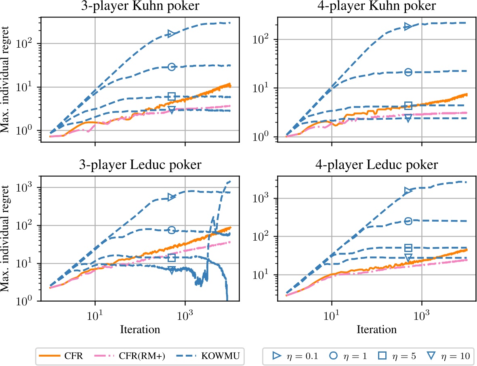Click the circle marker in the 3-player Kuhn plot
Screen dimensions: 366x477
(171, 67)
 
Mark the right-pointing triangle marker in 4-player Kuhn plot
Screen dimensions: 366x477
(408, 27)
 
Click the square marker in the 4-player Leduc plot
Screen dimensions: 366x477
(408, 248)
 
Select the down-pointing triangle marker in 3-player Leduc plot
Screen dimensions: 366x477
(172, 271)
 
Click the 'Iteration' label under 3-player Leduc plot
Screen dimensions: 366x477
(140, 329)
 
